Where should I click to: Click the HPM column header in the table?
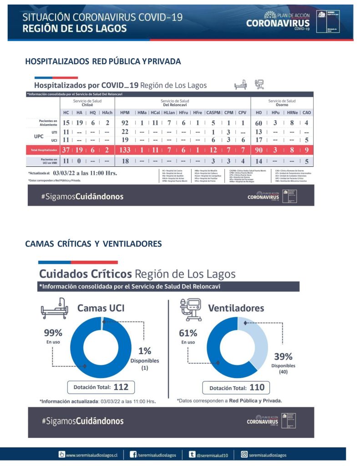[125, 112]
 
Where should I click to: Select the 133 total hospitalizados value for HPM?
[125, 150]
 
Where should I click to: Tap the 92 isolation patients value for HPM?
[125, 123]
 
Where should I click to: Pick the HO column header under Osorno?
[259, 112]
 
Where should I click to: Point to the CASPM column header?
[213, 112]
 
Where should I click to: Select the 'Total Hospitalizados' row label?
[44, 150]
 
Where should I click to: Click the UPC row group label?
[39, 136]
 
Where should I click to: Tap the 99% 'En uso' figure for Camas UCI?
[53, 332]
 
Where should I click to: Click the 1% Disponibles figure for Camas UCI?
[145, 350]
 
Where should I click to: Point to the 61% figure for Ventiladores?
[188, 333]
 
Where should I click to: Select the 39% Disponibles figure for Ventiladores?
[283, 356]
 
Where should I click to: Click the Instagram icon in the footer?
[244, 454]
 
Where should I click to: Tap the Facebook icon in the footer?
[134, 454]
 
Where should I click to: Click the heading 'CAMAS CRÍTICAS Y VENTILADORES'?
[93, 244]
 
